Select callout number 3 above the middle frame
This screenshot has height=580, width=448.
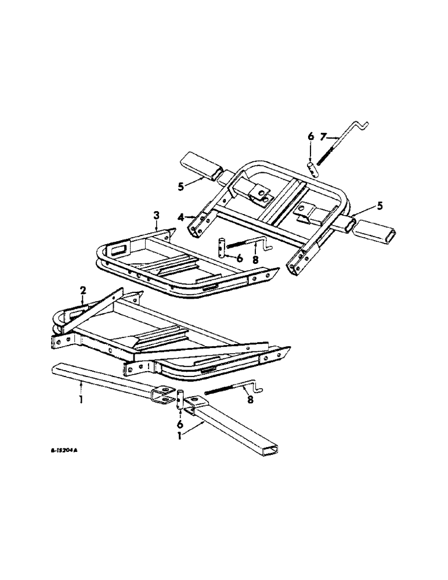(156, 216)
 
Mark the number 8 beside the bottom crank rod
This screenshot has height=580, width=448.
(250, 399)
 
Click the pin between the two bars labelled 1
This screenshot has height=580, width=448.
(181, 401)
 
